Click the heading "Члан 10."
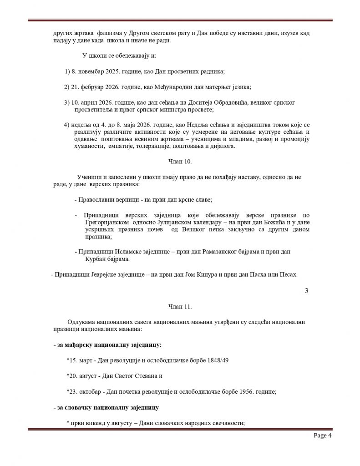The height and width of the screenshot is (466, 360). click(x=175, y=162)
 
